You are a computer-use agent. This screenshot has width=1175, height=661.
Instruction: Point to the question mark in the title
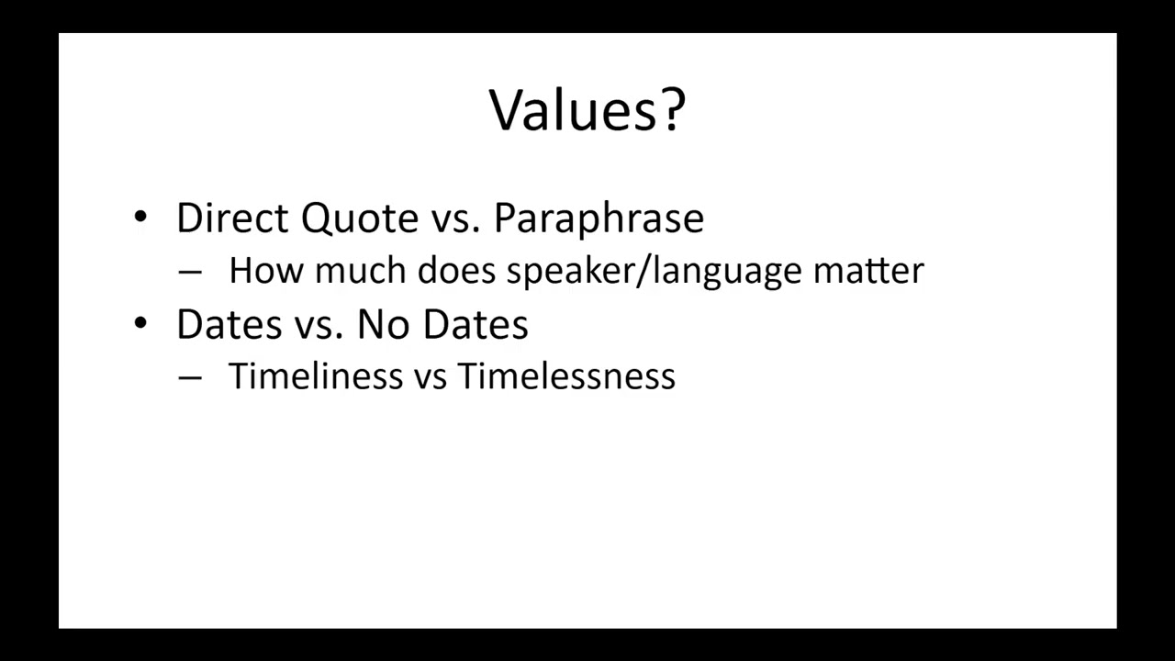[672, 110]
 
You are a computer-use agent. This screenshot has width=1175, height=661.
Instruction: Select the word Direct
[233, 218]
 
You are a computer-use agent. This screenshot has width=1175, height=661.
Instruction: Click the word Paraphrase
[599, 218]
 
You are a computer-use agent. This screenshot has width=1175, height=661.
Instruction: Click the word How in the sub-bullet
[266, 271]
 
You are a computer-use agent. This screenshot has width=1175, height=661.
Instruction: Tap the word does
[457, 271]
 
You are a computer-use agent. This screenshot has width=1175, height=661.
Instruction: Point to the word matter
[867, 271]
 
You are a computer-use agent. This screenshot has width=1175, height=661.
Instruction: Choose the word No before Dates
[385, 325]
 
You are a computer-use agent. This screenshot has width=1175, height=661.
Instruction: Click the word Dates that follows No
[475, 325]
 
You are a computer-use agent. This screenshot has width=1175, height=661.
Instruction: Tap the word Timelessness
[566, 376]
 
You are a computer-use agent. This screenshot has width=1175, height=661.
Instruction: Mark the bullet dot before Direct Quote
[140, 218]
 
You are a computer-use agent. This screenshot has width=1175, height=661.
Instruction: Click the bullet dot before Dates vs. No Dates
[140, 323]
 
